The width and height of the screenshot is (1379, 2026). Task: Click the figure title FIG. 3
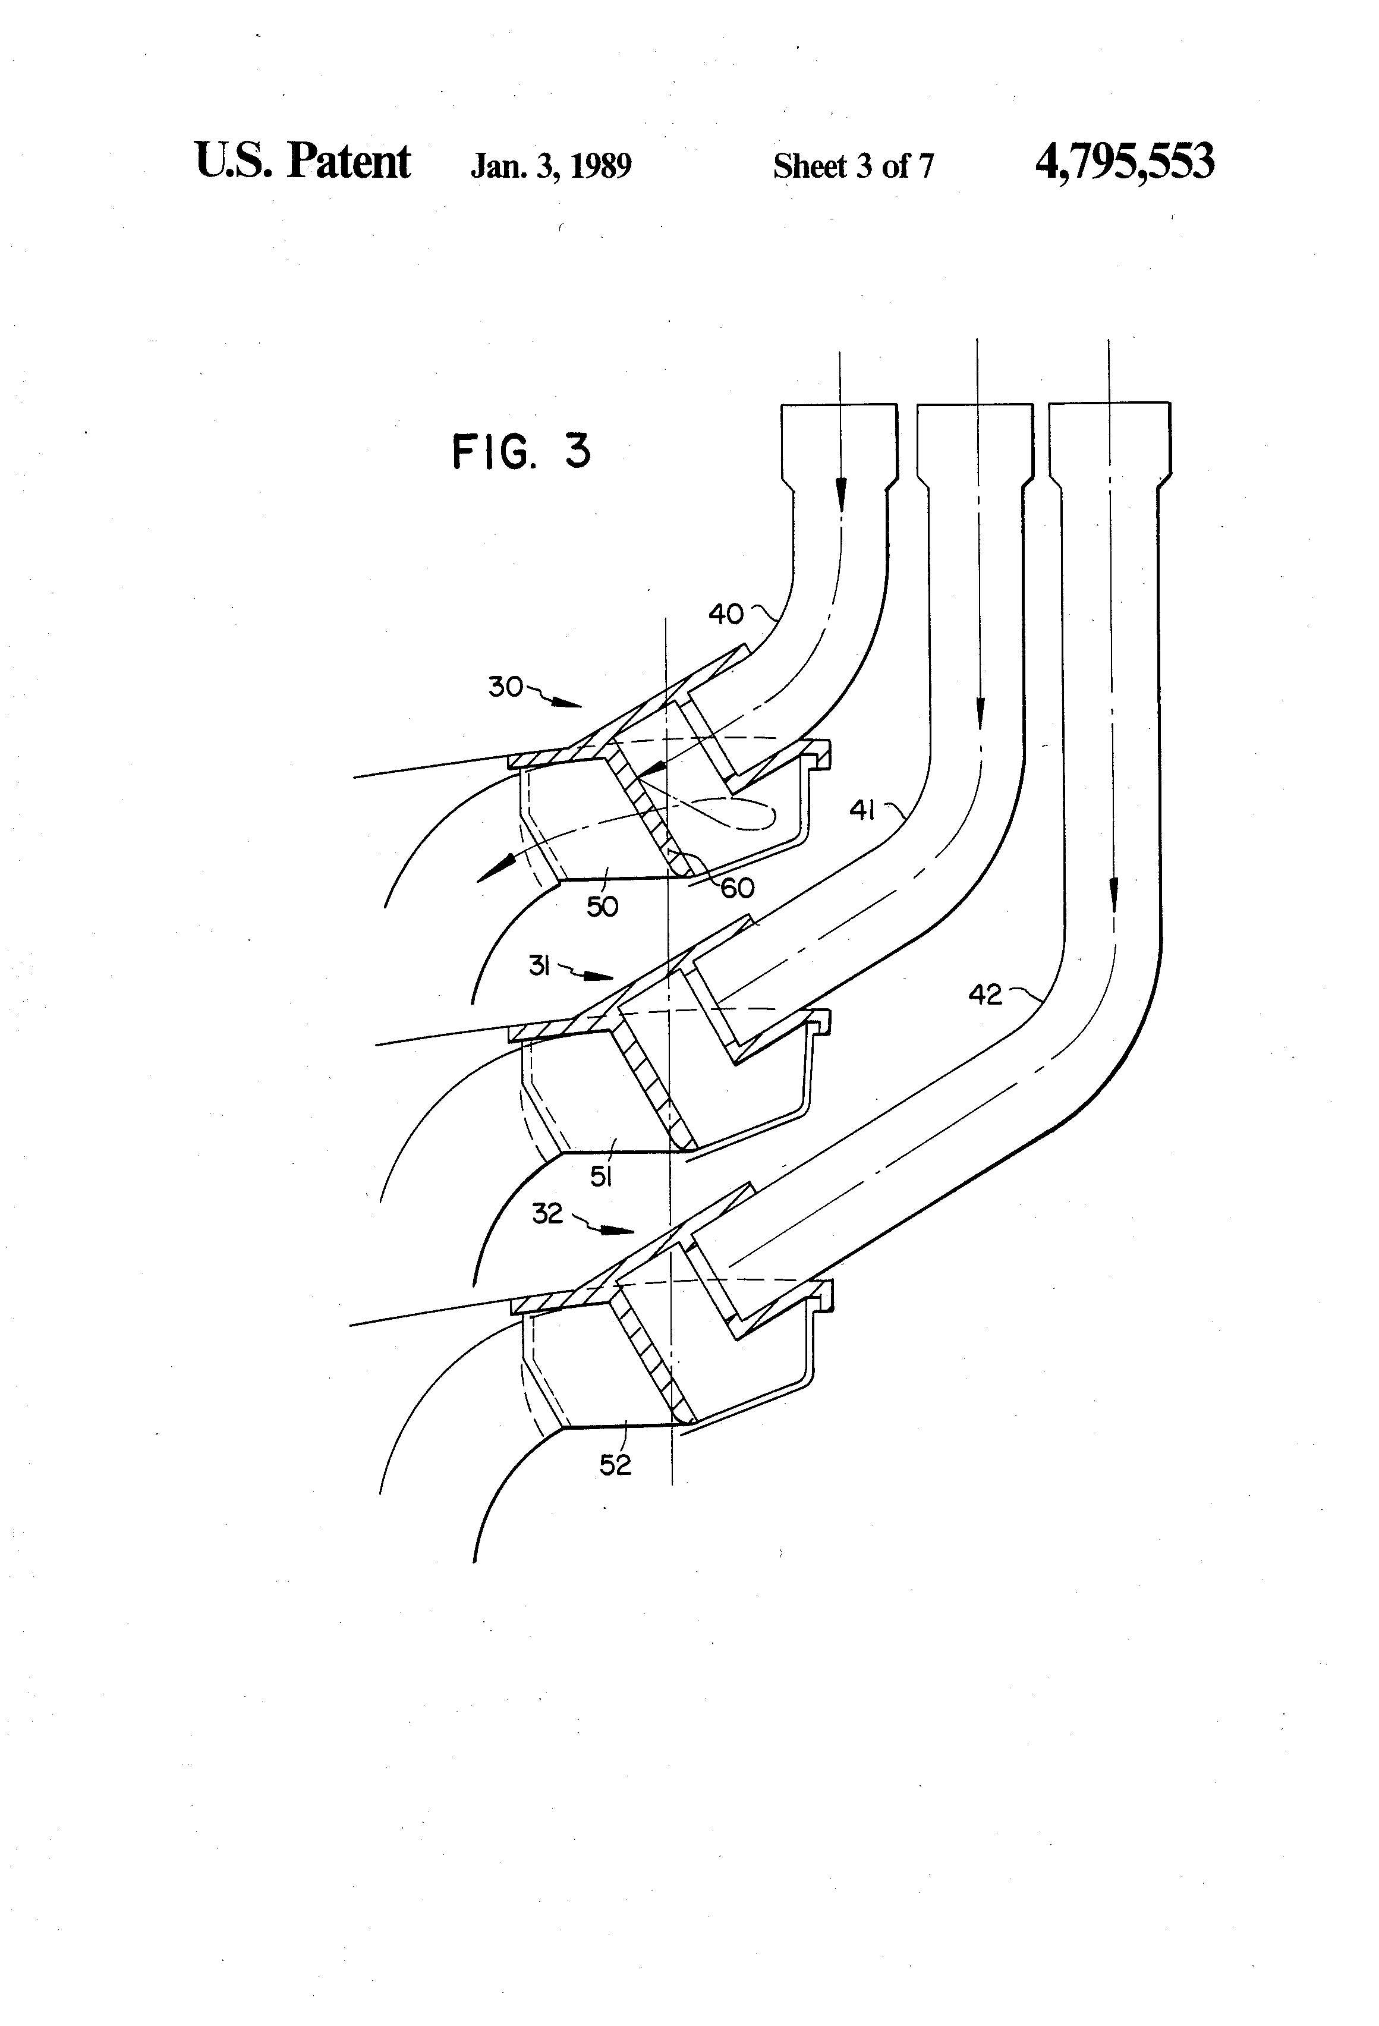pyautogui.click(x=521, y=452)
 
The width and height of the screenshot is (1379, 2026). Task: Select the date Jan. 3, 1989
pyautogui.click(x=551, y=166)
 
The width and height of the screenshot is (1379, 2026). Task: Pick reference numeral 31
pyautogui.click(x=539, y=965)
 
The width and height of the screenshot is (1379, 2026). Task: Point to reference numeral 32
pyautogui.click(x=547, y=1213)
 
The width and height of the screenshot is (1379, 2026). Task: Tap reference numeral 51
pyautogui.click(x=600, y=1177)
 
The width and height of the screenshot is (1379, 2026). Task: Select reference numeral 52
pyautogui.click(x=615, y=1465)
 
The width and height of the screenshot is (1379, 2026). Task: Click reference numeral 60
pyautogui.click(x=736, y=888)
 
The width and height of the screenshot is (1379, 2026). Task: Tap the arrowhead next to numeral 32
pyautogui.click(x=620, y=1231)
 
